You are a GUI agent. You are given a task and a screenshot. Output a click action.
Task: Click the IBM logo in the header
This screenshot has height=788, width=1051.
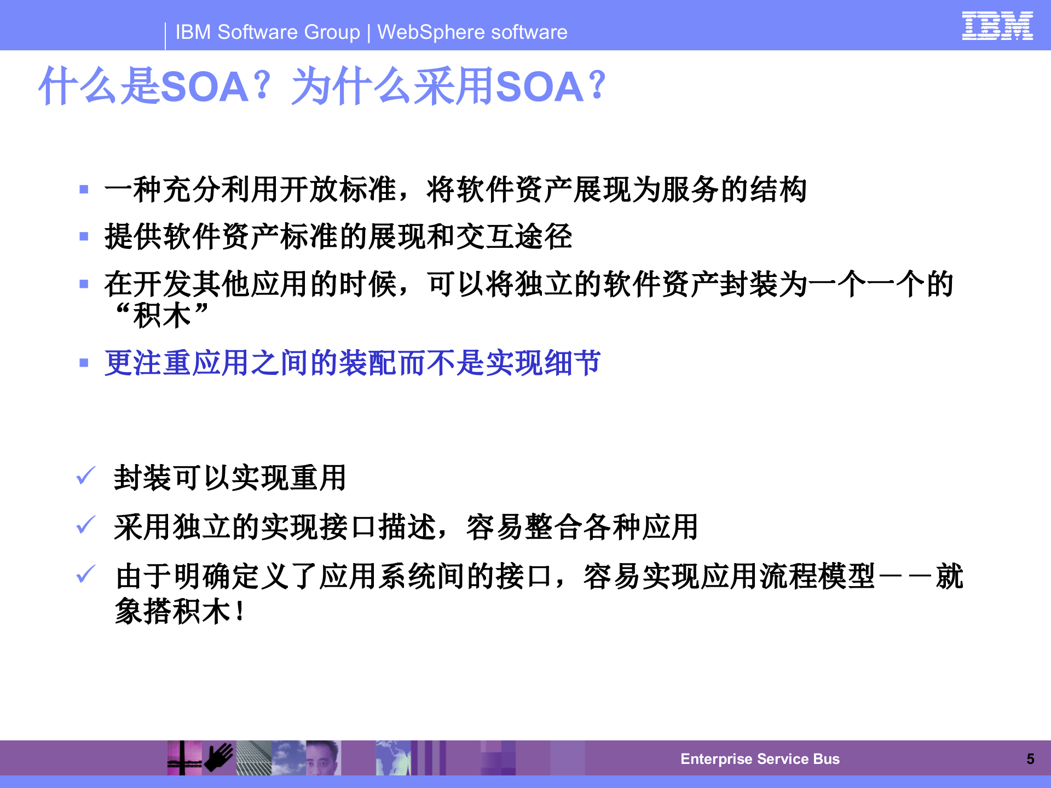click(x=997, y=26)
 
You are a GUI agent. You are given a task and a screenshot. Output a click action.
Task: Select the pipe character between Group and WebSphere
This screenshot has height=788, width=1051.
click(x=368, y=33)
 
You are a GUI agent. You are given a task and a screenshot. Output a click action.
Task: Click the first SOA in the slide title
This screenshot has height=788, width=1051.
click(x=205, y=87)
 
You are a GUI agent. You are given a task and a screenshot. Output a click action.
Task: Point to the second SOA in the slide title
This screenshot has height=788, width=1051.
click(x=540, y=87)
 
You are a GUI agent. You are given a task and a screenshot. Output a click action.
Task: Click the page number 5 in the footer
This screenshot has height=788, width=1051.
click(x=1030, y=759)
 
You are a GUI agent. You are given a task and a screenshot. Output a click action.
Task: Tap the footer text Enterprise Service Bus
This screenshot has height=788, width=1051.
click(x=760, y=759)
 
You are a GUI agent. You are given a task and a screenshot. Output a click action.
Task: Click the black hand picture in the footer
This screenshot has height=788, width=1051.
click(x=219, y=758)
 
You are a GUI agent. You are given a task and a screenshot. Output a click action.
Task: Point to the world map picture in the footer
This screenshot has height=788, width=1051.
click(x=392, y=758)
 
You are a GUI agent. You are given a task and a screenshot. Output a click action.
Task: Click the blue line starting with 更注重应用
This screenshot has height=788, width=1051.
click(x=353, y=363)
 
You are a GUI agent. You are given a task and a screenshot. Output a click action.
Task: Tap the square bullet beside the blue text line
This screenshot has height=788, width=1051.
click(x=84, y=363)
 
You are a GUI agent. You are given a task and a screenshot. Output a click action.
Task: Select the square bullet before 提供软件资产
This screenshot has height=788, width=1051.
click(x=84, y=236)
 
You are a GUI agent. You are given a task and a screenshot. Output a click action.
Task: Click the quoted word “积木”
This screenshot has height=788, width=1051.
click(x=162, y=316)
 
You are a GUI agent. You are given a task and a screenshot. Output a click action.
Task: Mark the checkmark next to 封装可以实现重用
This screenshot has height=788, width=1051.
click(x=86, y=476)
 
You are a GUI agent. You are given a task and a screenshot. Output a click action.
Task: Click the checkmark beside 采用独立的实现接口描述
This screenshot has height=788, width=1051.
click(x=86, y=525)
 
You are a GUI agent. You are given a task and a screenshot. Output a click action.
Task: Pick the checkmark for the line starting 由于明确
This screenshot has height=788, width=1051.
click(x=86, y=575)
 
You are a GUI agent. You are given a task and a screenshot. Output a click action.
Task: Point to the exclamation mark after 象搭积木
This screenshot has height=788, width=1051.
click(x=240, y=611)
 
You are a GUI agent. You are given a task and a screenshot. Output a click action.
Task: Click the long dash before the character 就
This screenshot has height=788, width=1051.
click(x=905, y=577)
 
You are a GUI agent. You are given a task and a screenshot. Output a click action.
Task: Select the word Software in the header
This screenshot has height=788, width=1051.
click(x=288, y=32)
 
